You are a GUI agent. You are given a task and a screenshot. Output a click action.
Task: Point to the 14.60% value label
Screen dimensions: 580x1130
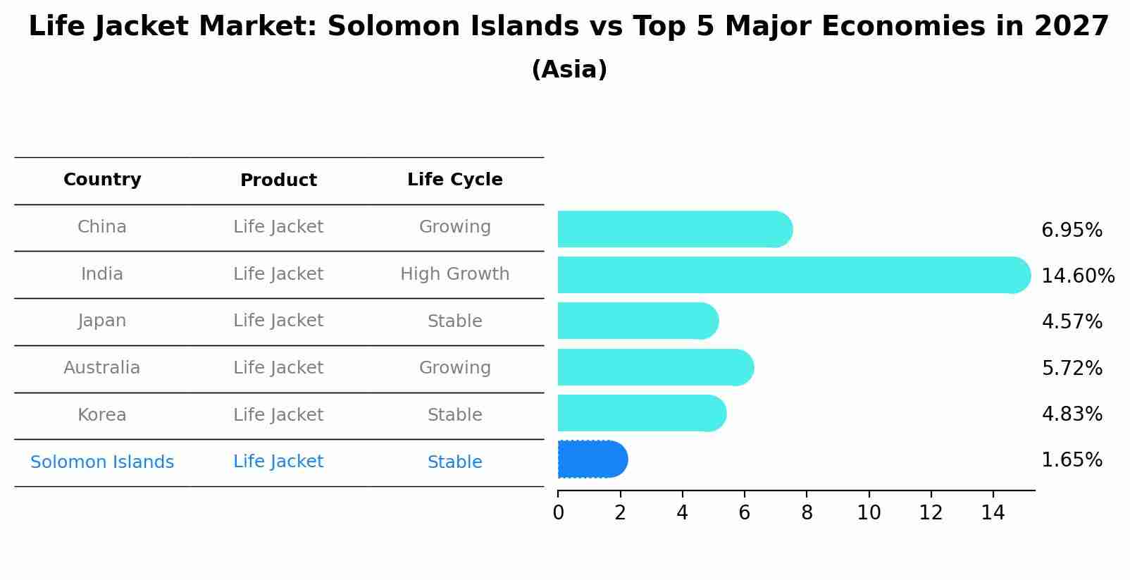tap(1077, 276)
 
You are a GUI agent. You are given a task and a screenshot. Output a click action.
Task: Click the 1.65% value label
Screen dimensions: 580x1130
tap(1072, 460)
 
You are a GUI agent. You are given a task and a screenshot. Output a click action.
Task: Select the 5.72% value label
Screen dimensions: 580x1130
tap(1072, 368)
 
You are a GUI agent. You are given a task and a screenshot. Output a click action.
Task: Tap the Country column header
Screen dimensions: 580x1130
tap(102, 180)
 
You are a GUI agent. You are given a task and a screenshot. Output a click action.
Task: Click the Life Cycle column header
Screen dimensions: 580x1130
tap(454, 180)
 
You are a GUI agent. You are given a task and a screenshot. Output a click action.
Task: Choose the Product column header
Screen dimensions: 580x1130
tap(278, 180)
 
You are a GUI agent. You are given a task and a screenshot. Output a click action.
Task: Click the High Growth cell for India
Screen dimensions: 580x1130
tap(454, 274)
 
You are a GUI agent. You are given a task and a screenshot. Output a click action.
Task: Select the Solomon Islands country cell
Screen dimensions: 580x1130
tap(102, 462)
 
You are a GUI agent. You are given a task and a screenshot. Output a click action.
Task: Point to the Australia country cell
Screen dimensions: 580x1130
tap(102, 368)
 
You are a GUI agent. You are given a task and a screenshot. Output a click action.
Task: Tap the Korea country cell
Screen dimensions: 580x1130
tap(102, 415)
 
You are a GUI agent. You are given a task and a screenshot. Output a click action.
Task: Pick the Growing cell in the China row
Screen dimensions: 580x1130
tap(454, 227)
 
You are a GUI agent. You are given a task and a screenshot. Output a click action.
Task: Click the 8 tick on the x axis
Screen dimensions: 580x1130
tap(807, 513)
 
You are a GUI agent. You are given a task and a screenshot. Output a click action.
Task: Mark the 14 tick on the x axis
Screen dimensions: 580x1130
tap(993, 513)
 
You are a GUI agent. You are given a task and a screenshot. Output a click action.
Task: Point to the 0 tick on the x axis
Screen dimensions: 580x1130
tap(559, 513)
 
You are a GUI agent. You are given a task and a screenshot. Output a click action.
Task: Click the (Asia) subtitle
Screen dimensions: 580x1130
tap(569, 70)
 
